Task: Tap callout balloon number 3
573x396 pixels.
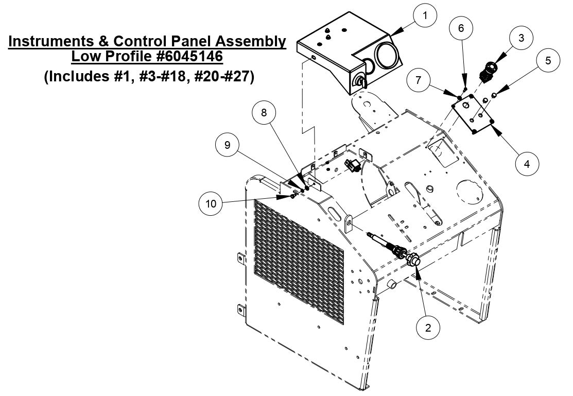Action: pyautogui.click(x=521, y=38)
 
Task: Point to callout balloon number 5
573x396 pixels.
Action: pyautogui.click(x=548, y=60)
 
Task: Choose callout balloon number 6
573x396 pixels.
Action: pyautogui.click(x=461, y=28)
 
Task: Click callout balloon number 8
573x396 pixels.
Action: pyautogui.click(x=264, y=113)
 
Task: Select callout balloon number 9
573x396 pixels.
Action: pyautogui.click(x=227, y=146)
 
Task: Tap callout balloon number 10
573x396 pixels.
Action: pyautogui.click(x=211, y=203)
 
